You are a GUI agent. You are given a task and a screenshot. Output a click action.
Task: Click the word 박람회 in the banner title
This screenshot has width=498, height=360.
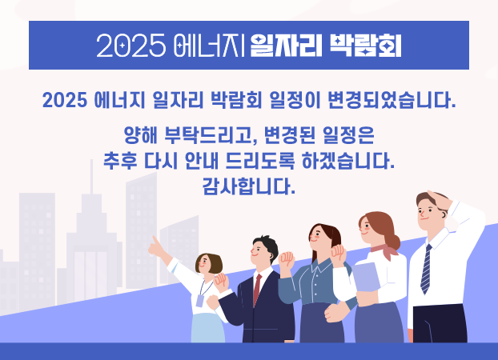[x=365, y=46]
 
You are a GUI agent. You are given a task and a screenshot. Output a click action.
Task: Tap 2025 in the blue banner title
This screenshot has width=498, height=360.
[x=131, y=46]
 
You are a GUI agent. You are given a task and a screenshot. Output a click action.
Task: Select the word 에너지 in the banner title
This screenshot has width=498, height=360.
[x=209, y=46]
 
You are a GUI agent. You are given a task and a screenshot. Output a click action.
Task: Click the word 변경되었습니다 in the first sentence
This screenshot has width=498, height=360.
[x=392, y=100]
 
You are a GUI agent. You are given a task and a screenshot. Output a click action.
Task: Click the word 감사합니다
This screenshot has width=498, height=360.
[x=249, y=186]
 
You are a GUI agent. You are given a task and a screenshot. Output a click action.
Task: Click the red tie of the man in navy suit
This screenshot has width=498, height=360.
[x=257, y=290]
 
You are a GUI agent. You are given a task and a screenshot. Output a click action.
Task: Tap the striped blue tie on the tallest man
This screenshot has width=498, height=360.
[x=426, y=270]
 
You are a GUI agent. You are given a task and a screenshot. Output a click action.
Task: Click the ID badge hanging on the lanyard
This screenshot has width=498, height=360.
[x=200, y=301]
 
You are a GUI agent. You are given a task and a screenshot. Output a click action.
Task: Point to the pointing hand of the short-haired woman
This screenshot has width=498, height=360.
[x=156, y=246]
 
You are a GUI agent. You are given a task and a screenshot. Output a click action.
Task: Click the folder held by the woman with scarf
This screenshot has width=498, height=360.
[x=366, y=277]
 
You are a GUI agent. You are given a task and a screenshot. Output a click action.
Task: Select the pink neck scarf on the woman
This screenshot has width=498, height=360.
[x=385, y=250]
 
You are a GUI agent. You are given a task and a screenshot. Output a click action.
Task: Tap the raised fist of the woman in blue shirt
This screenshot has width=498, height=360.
[x=287, y=259]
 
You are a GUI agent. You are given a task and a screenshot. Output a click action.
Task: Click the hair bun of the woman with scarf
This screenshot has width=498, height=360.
[x=395, y=242]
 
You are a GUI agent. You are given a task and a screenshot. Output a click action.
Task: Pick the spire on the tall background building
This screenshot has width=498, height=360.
[x=91, y=177]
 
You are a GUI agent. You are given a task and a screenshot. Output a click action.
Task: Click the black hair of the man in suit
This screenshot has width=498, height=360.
[x=267, y=246]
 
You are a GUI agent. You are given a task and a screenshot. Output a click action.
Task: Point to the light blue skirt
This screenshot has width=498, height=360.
[x=207, y=328]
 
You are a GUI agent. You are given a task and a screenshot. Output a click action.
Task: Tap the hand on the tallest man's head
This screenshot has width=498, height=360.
[x=440, y=200]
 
